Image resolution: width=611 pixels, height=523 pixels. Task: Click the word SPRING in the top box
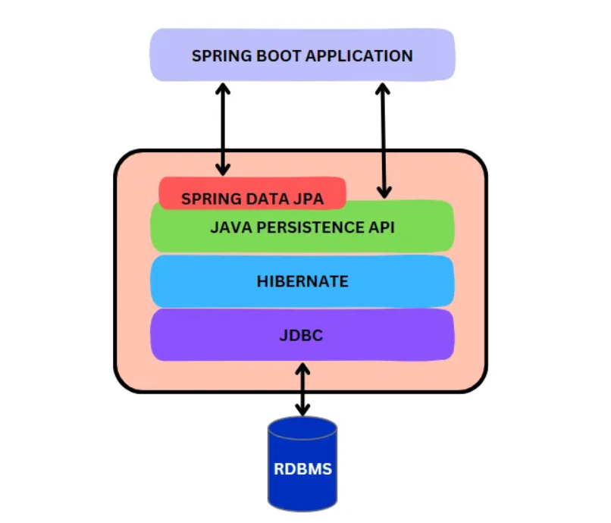point(216,56)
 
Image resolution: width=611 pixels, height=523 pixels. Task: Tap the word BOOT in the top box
point(267,56)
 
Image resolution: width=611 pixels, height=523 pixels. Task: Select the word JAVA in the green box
point(228,227)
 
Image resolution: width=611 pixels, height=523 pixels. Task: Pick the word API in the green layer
point(381,227)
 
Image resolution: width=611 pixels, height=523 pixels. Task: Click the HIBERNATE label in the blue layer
point(302,281)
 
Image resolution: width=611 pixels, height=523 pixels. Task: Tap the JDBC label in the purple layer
point(302,334)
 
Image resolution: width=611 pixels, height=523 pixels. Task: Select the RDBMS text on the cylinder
point(302,468)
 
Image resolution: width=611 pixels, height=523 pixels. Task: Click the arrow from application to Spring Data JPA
point(222,129)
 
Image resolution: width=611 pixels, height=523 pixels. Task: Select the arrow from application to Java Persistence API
point(383,140)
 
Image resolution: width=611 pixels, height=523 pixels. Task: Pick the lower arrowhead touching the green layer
point(384,193)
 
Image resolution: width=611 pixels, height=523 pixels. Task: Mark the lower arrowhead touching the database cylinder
point(302,410)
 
